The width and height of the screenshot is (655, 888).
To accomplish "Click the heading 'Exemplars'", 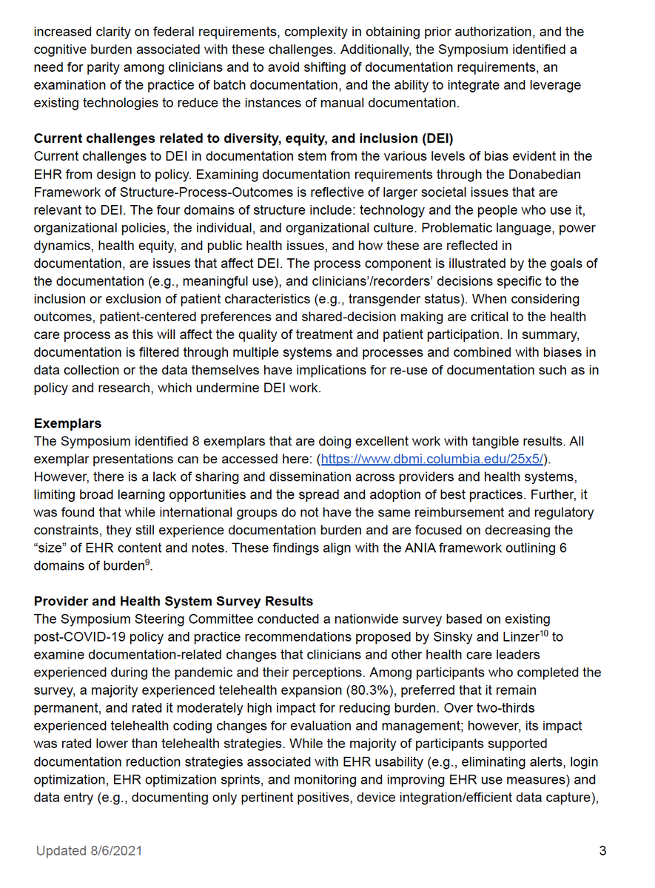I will pos(67,424).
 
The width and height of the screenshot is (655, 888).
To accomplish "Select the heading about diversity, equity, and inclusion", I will pos(243,138).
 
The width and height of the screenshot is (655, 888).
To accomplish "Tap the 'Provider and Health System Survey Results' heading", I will pos(173,601).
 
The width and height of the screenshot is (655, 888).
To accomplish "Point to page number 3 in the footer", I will pos(602,851).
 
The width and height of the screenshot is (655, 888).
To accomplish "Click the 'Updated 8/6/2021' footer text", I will pos(89,851).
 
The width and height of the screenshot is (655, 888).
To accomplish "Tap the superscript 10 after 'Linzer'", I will pos(544,633).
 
